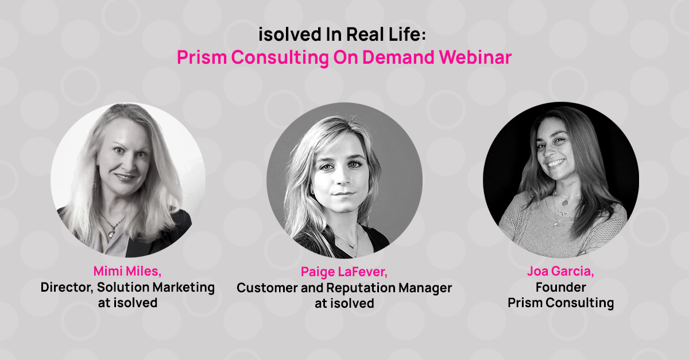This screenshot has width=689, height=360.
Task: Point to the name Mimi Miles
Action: (127, 271)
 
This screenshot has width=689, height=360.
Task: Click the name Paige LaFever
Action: (344, 272)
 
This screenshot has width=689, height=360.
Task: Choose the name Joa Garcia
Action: (560, 271)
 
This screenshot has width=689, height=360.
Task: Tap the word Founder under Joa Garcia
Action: (560, 287)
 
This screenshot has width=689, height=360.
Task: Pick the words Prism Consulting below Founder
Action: (560, 302)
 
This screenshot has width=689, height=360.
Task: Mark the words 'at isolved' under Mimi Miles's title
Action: (127, 302)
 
